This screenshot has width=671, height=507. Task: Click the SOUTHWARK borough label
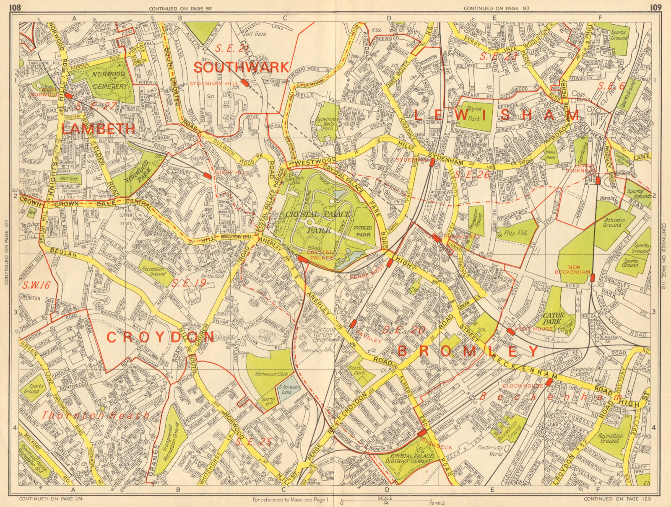click(x=242, y=67)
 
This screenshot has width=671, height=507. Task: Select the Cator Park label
click(x=554, y=318)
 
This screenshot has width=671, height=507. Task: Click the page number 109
click(x=656, y=7)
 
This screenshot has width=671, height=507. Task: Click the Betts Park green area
click(x=358, y=370)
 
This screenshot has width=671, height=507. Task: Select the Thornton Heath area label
click(x=95, y=415)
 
